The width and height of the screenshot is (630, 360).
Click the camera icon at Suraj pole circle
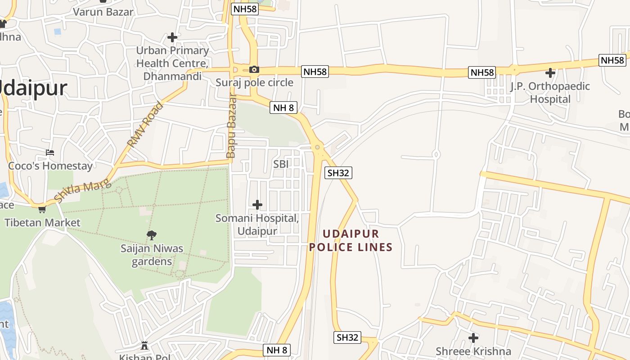tap(254, 69)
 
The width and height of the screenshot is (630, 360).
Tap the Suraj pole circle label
tap(254, 82)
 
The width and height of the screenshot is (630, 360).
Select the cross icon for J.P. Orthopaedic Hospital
tap(550, 72)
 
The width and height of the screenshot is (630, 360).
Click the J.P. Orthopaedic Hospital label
tap(550, 93)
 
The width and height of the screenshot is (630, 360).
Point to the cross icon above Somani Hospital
tap(257, 205)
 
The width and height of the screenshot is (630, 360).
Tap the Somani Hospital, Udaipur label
tap(257, 225)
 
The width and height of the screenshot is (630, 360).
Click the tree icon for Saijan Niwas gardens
tap(152, 235)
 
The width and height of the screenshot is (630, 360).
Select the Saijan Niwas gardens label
tap(152, 255)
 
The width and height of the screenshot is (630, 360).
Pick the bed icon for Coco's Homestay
tap(50, 153)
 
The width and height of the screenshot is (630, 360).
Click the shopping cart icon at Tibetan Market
tap(42, 209)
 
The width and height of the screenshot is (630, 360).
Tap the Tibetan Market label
tap(42, 222)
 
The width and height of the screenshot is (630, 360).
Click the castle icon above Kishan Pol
tap(144, 346)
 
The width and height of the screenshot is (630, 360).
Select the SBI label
tap(281, 164)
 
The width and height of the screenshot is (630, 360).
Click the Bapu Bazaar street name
tap(231, 126)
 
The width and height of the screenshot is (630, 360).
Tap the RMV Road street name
tap(145, 125)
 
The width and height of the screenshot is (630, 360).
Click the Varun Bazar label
tap(103, 12)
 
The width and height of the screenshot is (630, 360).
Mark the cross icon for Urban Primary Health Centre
tap(172, 37)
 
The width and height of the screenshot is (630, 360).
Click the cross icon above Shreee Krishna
tap(473, 337)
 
